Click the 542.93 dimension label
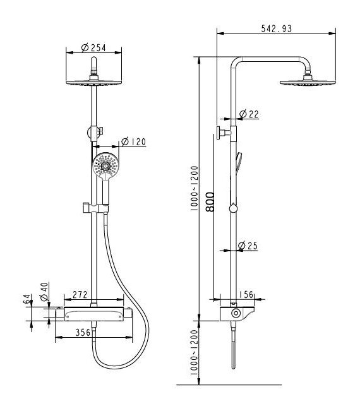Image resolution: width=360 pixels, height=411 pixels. click(x=277, y=28)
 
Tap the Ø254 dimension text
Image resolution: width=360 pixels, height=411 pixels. click(x=93, y=48)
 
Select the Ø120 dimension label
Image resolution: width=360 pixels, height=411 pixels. click(x=133, y=142)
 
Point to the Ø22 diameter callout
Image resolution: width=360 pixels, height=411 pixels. click(x=249, y=114)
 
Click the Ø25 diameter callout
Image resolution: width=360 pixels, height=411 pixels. click(x=248, y=246)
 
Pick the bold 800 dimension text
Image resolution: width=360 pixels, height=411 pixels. click(x=210, y=202)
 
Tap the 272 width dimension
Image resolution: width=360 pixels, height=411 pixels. click(x=80, y=295)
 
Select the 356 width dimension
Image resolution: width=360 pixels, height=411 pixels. click(x=83, y=332)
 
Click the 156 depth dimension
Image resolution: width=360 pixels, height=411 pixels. click(x=246, y=295)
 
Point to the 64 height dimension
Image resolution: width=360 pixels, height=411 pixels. click(x=27, y=299)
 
